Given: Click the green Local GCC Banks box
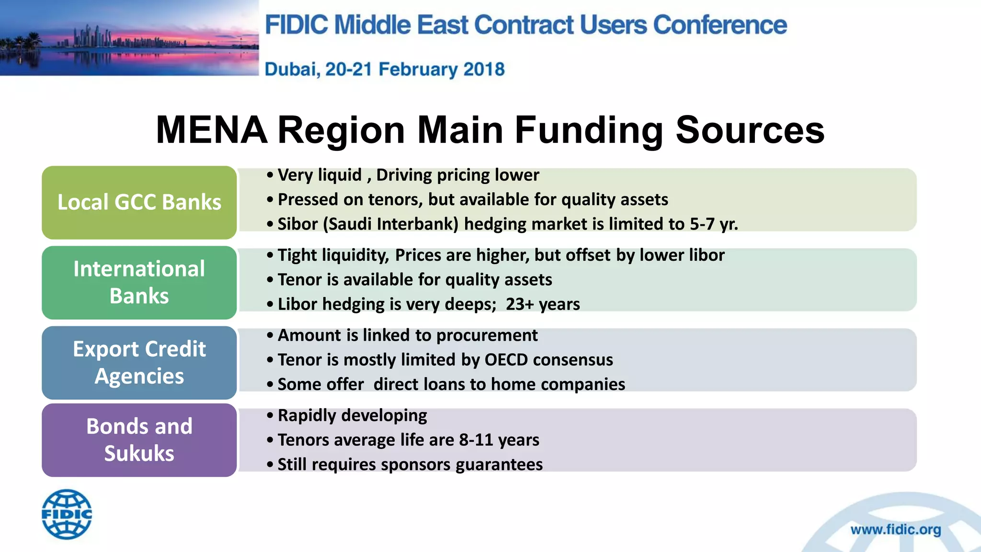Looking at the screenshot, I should pos(139,202).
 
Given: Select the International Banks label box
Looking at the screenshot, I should pos(139,282).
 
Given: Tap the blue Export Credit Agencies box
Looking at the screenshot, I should pos(139,362).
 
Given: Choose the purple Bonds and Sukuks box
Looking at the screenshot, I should pos(139,440).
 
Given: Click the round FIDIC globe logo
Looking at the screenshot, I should pos(67,514).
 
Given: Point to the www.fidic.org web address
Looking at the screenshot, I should pos(895,529).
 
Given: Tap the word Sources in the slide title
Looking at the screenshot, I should pos(750,130).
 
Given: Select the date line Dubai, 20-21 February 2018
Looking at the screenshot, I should pos(385,69).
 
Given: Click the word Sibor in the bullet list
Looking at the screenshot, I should pos(297,224).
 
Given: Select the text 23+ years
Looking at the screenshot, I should pos(543,304).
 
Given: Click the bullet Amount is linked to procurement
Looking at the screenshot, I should pos(407,335).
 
